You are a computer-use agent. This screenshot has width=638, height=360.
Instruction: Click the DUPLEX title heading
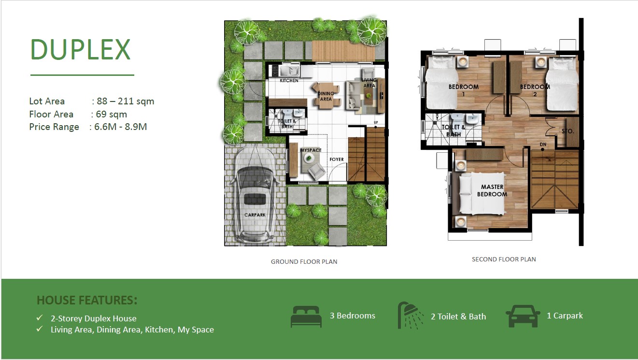click(x=81, y=49)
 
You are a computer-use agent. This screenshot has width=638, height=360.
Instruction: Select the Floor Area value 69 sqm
click(x=111, y=115)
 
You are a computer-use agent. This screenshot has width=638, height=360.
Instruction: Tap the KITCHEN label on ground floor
click(x=289, y=81)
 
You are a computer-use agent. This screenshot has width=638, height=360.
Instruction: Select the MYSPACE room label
click(x=311, y=150)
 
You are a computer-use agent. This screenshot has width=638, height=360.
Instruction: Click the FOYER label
click(x=337, y=159)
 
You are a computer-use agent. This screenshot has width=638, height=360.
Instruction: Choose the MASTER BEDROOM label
click(x=492, y=190)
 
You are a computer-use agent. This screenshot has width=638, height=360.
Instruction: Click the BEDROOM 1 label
click(x=464, y=90)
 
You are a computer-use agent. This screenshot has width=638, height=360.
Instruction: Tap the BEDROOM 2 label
click(x=535, y=90)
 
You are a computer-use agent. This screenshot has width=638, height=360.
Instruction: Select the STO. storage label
click(x=567, y=130)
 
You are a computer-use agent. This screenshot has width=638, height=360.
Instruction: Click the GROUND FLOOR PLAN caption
click(x=304, y=262)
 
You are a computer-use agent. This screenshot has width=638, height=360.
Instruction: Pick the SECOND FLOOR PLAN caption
click(x=504, y=259)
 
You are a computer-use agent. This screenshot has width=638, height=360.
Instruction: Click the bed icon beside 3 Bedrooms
click(x=306, y=317)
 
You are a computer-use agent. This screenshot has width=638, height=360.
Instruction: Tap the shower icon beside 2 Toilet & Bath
click(x=408, y=315)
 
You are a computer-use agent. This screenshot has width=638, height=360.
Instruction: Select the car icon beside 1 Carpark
click(x=523, y=317)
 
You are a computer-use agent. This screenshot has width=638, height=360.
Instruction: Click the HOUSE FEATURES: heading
click(x=87, y=301)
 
